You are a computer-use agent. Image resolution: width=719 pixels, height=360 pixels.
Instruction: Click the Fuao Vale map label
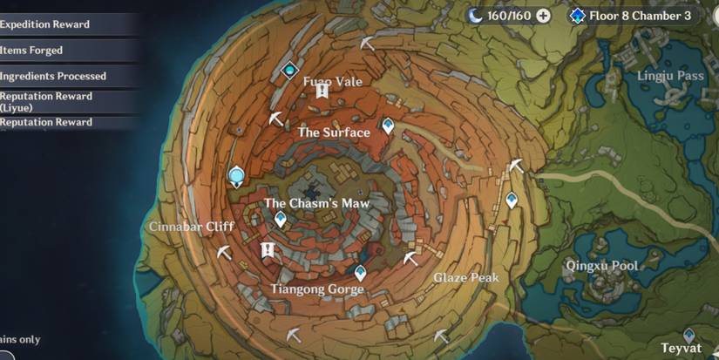332,81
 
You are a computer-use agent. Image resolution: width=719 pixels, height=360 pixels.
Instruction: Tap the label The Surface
334,132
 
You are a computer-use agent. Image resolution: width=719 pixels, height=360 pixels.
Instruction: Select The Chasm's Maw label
317,203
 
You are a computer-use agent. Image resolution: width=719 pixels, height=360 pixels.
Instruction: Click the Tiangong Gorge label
317,289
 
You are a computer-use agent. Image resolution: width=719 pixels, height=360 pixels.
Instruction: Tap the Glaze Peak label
466,278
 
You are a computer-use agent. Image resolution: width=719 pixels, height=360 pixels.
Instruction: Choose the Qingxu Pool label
601,265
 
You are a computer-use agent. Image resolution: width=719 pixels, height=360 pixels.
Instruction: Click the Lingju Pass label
670,76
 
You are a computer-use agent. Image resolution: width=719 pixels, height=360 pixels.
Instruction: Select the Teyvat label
681,347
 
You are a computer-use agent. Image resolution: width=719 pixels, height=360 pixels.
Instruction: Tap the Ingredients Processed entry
53,76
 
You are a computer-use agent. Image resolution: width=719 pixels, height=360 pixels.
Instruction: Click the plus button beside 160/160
543,15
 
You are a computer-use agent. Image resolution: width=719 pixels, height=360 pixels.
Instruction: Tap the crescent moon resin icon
475,15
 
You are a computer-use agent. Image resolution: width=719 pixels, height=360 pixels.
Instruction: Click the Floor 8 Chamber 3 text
646,15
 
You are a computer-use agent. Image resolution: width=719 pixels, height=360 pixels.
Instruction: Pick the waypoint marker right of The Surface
388,127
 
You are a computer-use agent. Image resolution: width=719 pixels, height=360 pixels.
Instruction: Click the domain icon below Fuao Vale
322,91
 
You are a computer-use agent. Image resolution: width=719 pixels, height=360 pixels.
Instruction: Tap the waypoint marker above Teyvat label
690,334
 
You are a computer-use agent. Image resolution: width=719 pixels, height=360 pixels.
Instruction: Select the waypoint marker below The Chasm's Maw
281,219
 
